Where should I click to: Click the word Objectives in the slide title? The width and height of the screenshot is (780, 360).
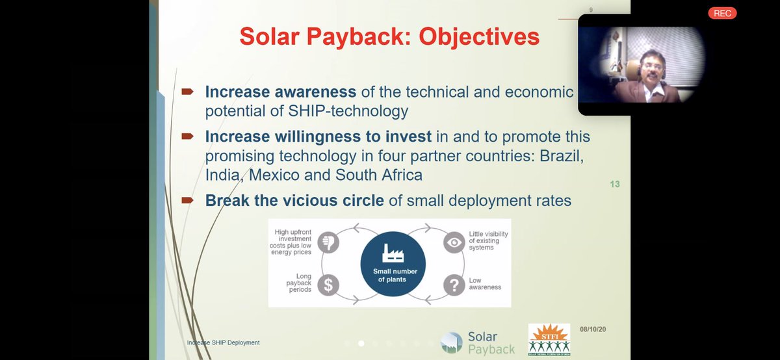(478, 36)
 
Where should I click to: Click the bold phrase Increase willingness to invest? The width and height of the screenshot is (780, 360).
(317, 137)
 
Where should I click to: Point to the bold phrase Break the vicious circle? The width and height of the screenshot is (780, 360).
(294, 201)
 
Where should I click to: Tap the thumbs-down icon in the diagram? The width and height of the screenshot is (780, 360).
(328, 242)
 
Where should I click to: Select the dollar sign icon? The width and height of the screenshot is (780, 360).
(328, 283)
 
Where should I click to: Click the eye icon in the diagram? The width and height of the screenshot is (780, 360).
(454, 242)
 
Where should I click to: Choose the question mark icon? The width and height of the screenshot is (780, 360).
(454, 283)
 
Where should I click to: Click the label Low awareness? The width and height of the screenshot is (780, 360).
(485, 283)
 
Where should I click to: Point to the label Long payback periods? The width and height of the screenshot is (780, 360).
(300, 283)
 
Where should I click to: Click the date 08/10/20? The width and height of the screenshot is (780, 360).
(592, 329)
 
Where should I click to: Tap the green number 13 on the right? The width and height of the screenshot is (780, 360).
(614, 185)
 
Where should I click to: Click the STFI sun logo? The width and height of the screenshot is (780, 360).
(549, 339)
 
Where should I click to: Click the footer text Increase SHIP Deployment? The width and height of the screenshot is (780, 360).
(223, 342)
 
